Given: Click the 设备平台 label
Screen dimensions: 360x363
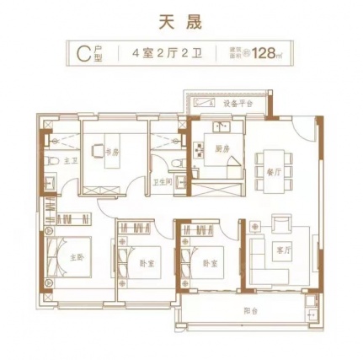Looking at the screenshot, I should click(237, 103).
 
